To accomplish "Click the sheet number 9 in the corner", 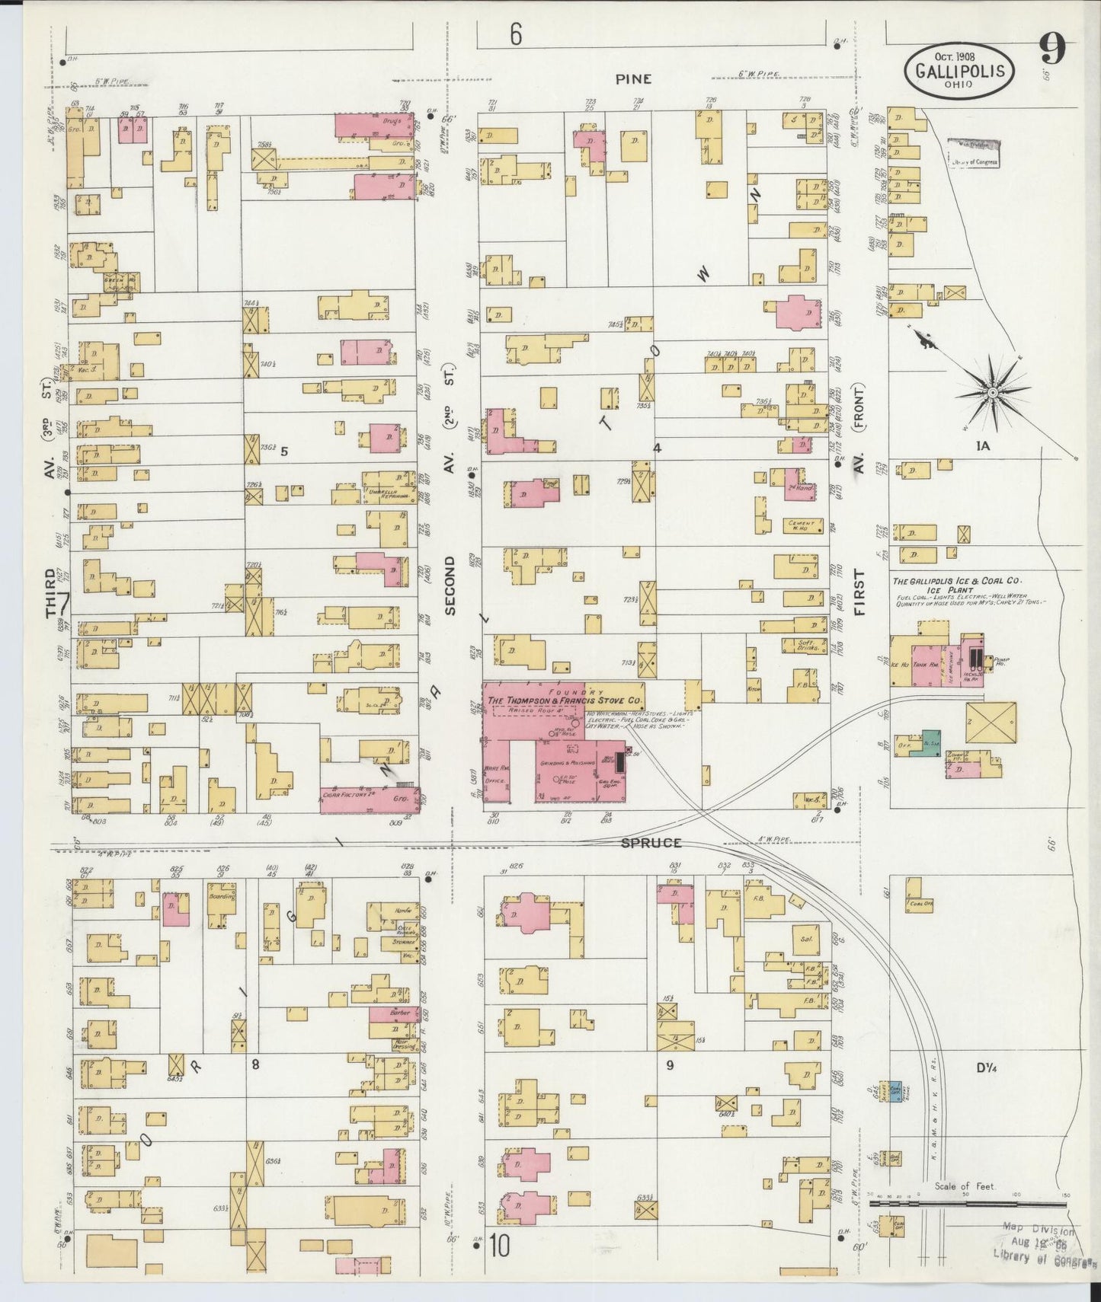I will [1051, 51].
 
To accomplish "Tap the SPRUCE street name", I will [650, 843].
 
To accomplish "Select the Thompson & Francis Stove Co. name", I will [565, 700].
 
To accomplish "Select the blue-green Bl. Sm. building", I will [931, 743].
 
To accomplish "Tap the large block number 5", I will [283, 451].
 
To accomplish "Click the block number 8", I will [255, 1064].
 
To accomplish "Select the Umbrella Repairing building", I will [389, 492].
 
